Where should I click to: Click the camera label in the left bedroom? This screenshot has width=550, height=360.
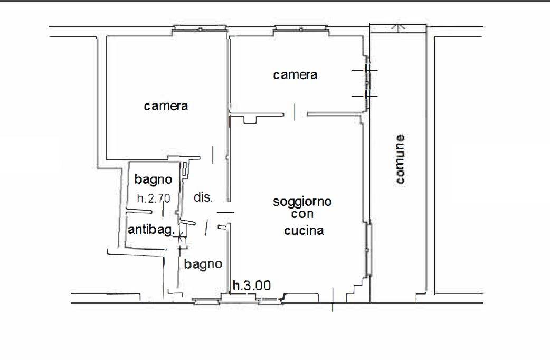coord(166,106)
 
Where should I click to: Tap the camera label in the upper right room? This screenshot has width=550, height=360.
coord(296,75)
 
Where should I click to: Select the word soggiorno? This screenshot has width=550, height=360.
coord(302,202)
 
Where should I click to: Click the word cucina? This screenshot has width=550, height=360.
coord(304,231)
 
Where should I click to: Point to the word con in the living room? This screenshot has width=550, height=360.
coord(302,214)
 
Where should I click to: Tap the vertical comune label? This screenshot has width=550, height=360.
coord(400,159)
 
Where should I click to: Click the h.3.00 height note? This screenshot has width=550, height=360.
coord(252,286)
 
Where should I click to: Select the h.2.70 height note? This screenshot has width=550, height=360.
coord(154,198)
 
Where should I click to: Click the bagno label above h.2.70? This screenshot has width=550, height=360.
coord(153,179)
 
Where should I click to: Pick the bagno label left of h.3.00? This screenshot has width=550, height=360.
coord(203,264)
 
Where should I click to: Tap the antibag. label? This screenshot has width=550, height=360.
coord(151,230)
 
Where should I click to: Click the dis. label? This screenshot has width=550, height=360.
coord(203,197)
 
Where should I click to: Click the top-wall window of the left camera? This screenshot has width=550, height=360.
coord(200,29)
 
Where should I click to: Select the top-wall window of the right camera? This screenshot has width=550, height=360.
coord(301,29)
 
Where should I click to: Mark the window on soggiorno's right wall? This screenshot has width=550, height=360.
coord(368,249)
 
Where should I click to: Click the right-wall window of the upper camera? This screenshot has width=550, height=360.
coord(366,83)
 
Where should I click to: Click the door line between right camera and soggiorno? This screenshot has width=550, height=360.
coord(295,112)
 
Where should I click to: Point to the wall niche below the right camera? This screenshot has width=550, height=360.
coord(250,119)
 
